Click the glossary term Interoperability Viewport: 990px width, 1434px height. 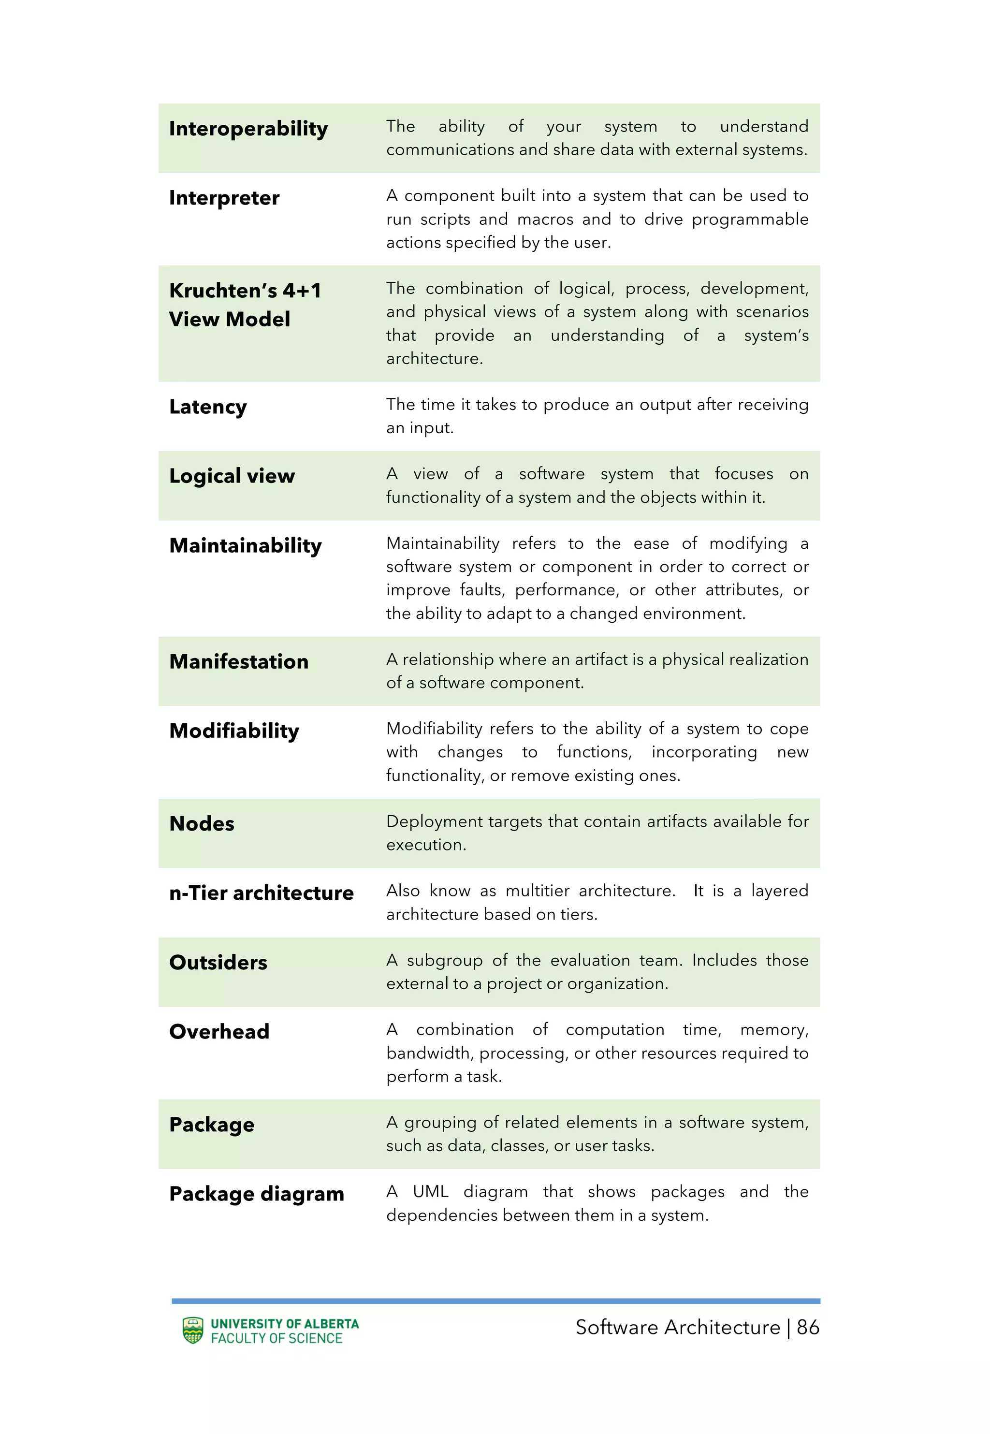pos(248,129)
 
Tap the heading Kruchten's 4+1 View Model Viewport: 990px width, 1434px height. pos(245,305)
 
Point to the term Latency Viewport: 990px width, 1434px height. pos(208,407)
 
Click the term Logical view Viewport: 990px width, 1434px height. pos(232,476)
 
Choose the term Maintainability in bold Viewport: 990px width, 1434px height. pos(245,545)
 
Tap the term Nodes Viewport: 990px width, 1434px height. pos(202,824)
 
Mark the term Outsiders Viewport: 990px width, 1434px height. pos(218,963)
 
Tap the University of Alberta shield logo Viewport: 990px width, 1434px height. pos(193,1331)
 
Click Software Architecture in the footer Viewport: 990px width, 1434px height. pos(677,1327)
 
